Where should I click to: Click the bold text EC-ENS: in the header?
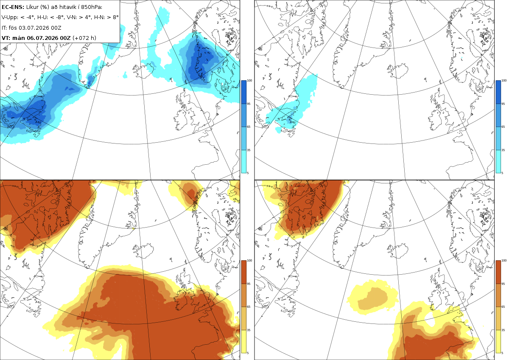pyautogui.click(x=13, y=7)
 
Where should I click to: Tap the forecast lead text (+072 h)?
pyautogui.click(x=84, y=38)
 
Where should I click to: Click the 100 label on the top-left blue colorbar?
pyautogui.click(x=249, y=80)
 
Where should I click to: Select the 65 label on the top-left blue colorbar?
pyautogui.click(x=249, y=127)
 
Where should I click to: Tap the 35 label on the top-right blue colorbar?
pyautogui.click(x=503, y=150)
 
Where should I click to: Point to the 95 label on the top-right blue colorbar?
pyautogui.click(x=503, y=104)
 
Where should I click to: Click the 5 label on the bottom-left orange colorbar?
pyautogui.click(x=248, y=353)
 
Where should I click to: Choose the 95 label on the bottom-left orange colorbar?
pyautogui.click(x=249, y=284)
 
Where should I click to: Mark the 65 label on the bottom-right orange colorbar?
pyautogui.click(x=503, y=307)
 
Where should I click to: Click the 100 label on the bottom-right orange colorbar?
pyautogui.click(x=504, y=260)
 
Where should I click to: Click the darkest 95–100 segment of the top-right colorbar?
pyautogui.click(x=498, y=92)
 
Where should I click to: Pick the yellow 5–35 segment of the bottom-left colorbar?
pyautogui.click(x=243, y=341)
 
